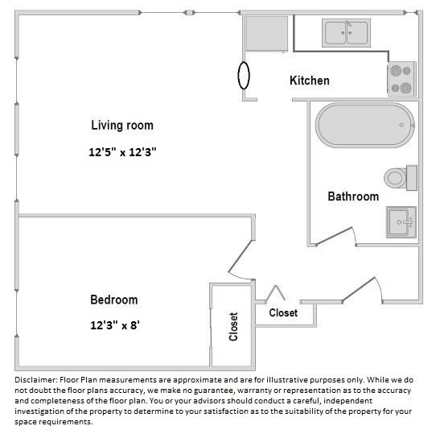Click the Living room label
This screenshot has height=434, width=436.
pos(121,125)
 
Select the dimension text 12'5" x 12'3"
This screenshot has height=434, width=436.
pos(121,151)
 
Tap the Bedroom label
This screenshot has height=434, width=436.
pos(113,300)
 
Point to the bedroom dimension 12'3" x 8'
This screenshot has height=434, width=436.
pos(113,326)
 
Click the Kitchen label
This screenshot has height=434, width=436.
pos(309,81)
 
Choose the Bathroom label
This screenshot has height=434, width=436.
pos(352,196)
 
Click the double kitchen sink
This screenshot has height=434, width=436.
pos(346,33)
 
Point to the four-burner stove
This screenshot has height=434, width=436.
pos(401,79)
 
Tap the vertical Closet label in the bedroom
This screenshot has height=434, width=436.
pos(234,326)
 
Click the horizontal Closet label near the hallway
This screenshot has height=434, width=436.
pos(282,312)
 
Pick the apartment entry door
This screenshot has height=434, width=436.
pos(360,287)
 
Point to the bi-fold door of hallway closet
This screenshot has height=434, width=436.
pos(276,292)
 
